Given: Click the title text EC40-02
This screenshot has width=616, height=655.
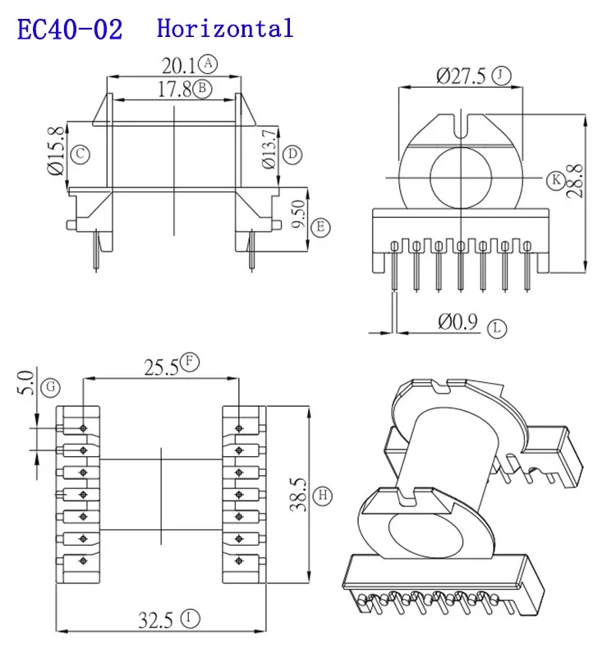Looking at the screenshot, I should tap(70, 30).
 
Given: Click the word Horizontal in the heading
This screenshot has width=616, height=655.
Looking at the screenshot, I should tap(224, 29).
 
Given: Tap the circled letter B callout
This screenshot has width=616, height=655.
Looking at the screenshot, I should tap(205, 89).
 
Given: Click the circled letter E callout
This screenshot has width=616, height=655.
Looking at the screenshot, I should tap(321, 227).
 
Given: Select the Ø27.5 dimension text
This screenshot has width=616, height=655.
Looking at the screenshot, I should tap(462, 76).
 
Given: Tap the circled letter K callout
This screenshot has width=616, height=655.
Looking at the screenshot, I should tap(556, 178).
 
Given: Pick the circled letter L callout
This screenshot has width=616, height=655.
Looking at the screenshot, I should tap(498, 329).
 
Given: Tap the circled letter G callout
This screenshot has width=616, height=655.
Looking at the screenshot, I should tap(51, 385).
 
